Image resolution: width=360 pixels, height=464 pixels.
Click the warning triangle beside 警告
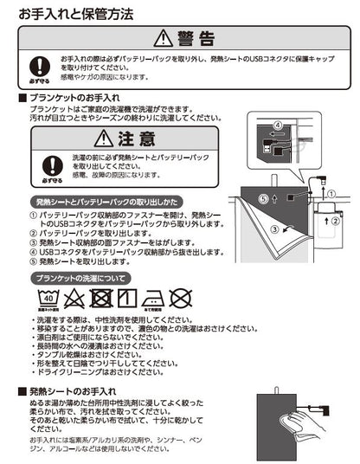163,37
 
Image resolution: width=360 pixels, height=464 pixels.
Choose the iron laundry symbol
153,300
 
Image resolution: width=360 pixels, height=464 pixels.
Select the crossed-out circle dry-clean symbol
180,300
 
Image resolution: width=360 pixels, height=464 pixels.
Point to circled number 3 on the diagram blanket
274,229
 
